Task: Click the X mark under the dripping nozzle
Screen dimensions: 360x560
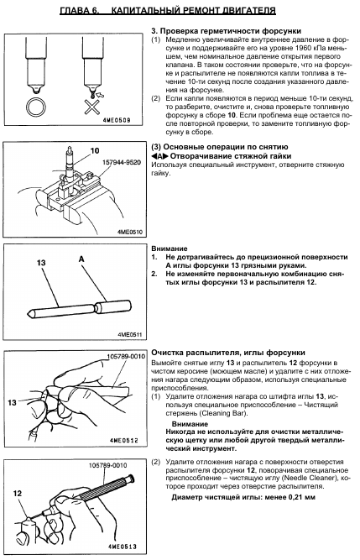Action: pyautogui.click(x=92, y=107)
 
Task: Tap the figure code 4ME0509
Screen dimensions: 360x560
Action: pyautogui.click(x=117, y=120)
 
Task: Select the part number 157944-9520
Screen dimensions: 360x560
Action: pyautogui.click(x=122, y=163)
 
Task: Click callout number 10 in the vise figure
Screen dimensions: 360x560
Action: pyautogui.click(x=95, y=151)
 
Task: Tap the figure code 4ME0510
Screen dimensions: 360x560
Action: pyautogui.click(x=129, y=232)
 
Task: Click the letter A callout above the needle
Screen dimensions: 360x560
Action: pyautogui.click(x=81, y=259)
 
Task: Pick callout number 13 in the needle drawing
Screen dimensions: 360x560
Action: pyautogui.click(x=41, y=263)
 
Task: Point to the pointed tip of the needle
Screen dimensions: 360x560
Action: pyautogui.click(x=27, y=312)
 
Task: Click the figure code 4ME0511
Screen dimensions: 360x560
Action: pyautogui.click(x=129, y=335)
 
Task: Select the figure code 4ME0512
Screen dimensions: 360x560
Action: pyautogui.click(x=124, y=440)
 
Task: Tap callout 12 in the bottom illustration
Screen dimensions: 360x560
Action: pyautogui.click(x=18, y=493)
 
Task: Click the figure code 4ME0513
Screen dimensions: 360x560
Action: pyautogui.click(x=122, y=547)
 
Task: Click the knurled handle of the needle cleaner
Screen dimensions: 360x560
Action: pyautogui.click(x=103, y=488)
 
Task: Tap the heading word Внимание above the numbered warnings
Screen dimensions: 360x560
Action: pyautogui.click(x=170, y=249)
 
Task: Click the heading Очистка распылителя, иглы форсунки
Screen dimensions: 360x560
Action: pyautogui.click(x=228, y=353)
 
